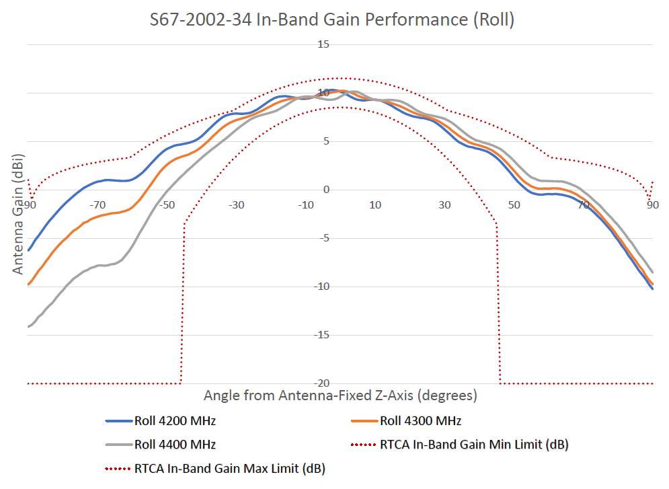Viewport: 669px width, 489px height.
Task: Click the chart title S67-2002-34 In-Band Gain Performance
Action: point(332,20)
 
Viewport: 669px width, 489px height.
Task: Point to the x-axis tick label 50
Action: point(514,204)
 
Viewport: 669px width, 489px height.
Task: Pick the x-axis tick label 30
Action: point(444,204)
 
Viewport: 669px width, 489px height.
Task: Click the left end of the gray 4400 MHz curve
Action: point(28,327)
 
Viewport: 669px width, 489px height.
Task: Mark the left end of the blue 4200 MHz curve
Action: point(28,250)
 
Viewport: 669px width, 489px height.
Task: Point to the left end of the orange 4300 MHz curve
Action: point(28,285)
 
